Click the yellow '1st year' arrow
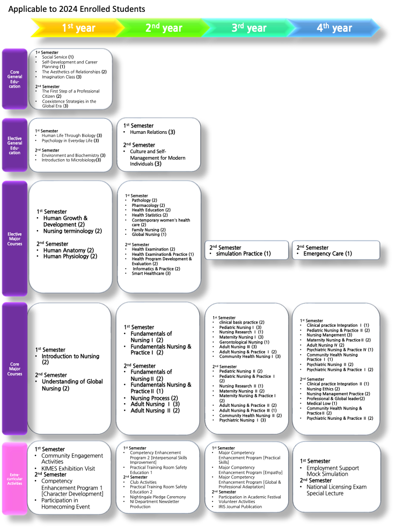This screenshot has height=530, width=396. [76, 28]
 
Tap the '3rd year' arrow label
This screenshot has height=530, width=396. [249, 28]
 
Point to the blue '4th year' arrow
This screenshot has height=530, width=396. [334, 28]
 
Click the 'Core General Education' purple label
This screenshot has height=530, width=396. [15, 79]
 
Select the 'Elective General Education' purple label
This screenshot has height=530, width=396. [15, 145]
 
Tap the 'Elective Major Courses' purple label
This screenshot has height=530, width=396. [15, 239]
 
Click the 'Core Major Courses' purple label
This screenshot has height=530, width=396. [15, 369]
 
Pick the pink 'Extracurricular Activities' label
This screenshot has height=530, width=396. [15, 479]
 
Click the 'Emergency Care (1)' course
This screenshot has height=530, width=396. [327, 254]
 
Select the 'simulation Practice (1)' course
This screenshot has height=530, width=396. [244, 254]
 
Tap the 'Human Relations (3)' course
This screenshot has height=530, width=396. [152, 132]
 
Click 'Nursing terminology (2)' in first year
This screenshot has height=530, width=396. [72, 231]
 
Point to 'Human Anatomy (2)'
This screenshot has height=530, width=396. [69, 250]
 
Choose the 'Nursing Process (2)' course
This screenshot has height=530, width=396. [154, 398]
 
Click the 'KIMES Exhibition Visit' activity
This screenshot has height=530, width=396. [68, 469]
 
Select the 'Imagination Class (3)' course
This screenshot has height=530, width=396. [62, 77]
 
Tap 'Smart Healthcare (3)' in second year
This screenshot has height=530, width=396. [151, 274]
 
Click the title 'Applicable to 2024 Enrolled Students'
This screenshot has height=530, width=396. [77, 9]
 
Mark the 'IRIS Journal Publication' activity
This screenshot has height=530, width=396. [240, 507]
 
